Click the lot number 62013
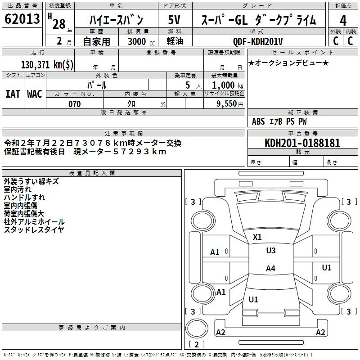22,18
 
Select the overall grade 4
343,21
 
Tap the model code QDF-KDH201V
258,41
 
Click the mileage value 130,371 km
47,64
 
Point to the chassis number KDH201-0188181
302,143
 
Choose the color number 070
75,104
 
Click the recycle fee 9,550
226,103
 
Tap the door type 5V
174,20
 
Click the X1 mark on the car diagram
257,237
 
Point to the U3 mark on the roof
271,250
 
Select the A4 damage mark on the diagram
270,268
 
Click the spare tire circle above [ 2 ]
197,328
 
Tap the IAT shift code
13,94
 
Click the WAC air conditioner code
35,94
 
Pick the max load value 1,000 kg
228,85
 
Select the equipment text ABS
258,121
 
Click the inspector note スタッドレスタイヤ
34,229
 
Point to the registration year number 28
59,24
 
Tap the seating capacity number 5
188,85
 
